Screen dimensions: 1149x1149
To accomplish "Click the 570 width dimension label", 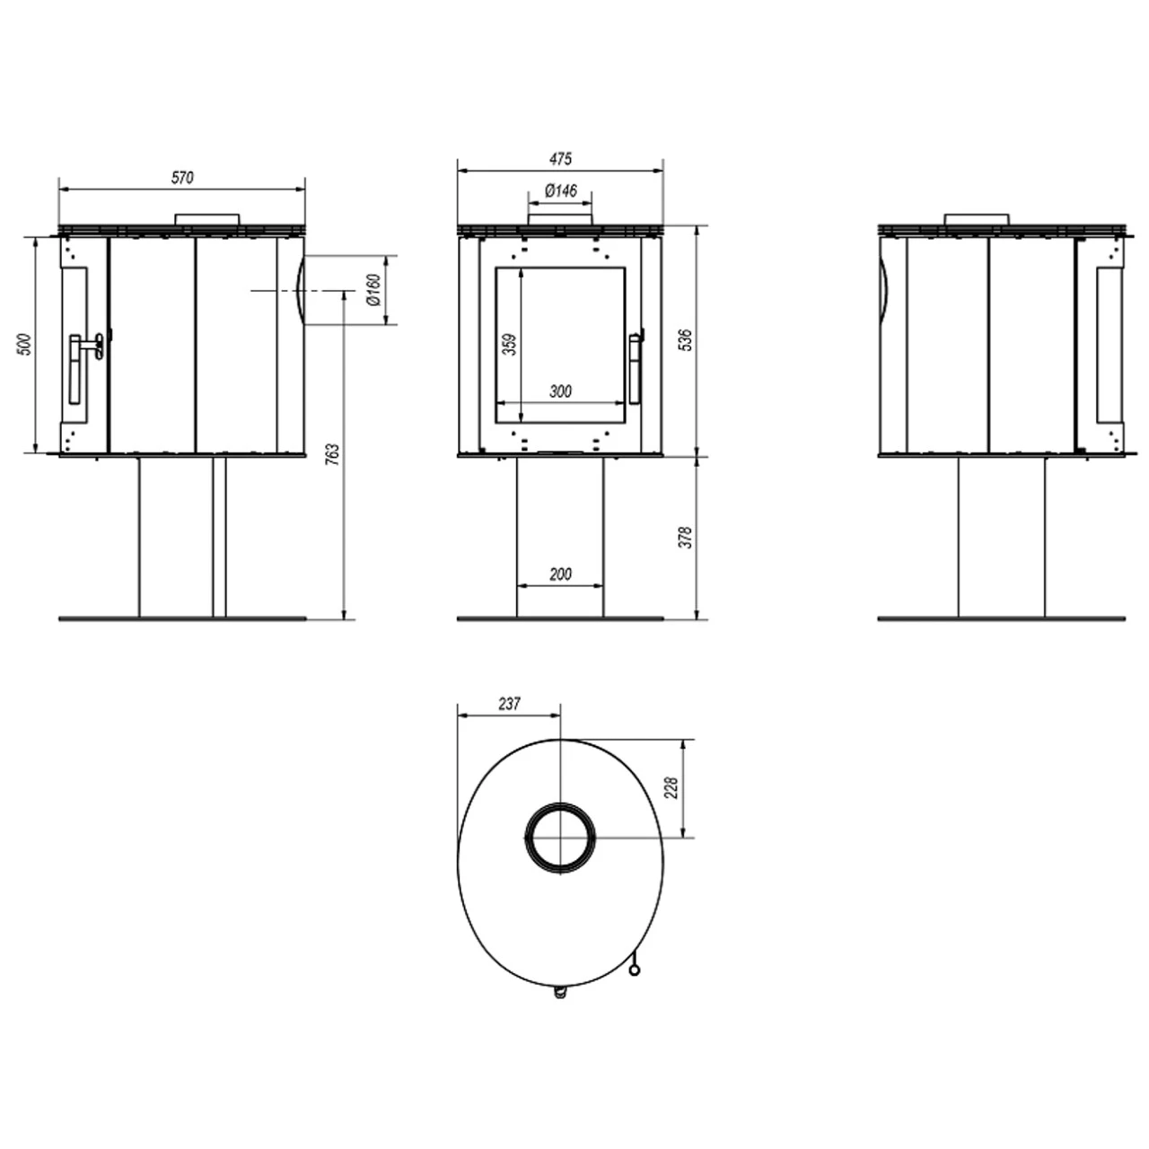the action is coord(182,178).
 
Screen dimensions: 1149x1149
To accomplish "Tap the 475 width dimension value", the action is coord(560,159).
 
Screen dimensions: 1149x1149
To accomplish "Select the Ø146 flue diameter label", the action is coord(560,191).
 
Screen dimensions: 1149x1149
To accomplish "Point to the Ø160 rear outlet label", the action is coord(373,290).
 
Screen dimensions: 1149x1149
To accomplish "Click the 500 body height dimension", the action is coord(25,345).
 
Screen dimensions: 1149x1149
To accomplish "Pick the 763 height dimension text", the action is coord(333,454).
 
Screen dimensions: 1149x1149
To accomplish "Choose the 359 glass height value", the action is coord(510,345).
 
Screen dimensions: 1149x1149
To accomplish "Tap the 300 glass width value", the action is coord(560,391).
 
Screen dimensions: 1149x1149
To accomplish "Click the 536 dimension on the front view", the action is coord(687,340).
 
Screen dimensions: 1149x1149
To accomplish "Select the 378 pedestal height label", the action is coord(687,537).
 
